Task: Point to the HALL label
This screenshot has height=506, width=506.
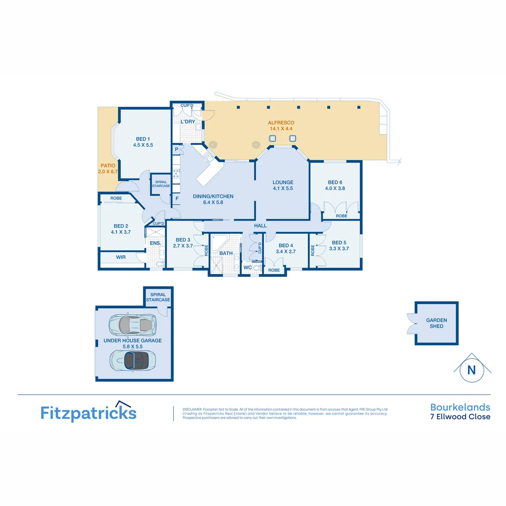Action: (260, 226)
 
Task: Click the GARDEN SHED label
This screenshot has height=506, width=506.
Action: (436, 323)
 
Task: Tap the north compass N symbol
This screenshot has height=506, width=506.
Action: (471, 370)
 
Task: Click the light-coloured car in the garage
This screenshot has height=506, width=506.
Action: (132, 324)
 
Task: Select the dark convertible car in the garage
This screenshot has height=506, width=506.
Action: (133, 360)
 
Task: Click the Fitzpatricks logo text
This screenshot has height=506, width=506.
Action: (89, 413)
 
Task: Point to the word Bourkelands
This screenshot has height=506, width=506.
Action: (460, 407)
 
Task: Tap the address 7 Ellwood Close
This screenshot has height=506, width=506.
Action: (460, 417)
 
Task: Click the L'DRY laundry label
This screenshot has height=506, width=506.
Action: (187, 122)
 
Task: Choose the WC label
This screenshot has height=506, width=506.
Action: (247, 268)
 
